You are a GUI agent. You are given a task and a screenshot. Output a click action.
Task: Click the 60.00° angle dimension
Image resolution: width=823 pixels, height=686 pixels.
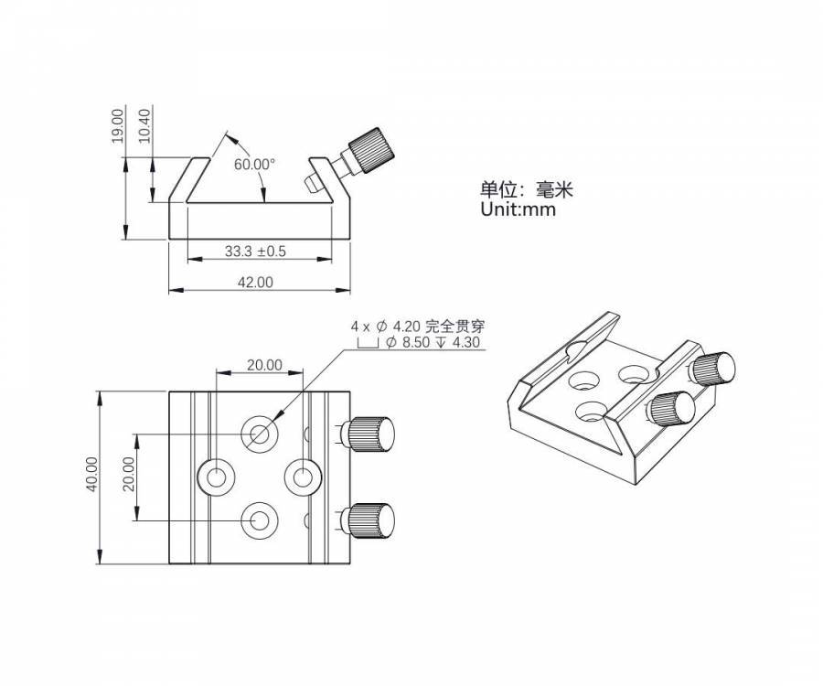(x=254, y=165)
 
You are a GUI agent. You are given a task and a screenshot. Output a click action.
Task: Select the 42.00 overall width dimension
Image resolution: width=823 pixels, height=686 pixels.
(x=256, y=283)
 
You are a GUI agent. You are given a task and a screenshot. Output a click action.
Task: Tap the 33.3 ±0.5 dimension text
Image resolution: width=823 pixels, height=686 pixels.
(x=256, y=252)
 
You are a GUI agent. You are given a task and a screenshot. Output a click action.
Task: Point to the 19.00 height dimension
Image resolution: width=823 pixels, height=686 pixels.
(x=117, y=125)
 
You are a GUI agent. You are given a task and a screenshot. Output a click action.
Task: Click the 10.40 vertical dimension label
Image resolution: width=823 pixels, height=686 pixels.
(x=144, y=125)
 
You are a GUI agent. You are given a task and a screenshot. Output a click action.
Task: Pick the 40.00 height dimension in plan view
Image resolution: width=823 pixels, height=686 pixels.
(x=91, y=475)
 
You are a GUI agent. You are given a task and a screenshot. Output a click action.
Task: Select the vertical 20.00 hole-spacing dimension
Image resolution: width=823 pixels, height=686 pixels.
(x=128, y=474)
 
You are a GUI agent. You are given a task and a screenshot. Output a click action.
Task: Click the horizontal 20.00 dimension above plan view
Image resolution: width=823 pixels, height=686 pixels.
(x=264, y=365)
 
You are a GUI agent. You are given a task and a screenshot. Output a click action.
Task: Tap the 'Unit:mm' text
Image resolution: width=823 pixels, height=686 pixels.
(x=518, y=209)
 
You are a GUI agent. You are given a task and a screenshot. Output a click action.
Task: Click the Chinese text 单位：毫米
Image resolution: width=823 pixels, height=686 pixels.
(x=527, y=189)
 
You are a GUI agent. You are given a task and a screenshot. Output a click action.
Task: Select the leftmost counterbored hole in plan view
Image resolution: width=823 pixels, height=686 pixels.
(x=215, y=477)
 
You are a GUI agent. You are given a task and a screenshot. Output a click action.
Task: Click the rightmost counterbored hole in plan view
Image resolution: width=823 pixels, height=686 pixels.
(x=303, y=477)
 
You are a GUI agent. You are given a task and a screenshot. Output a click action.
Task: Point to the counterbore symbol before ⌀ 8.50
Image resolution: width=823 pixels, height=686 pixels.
(x=368, y=343)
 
